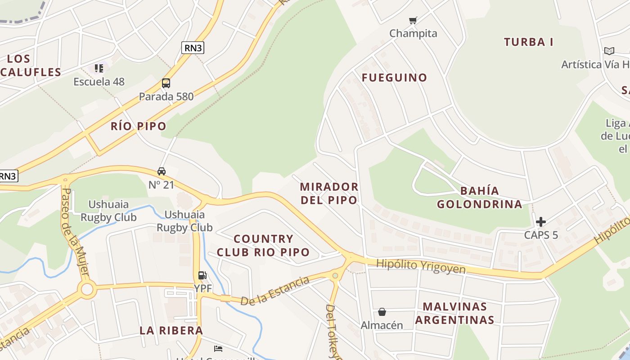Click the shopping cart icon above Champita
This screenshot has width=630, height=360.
pyautogui.click(x=413, y=20)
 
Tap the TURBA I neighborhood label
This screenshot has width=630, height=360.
pyautogui.click(x=528, y=42)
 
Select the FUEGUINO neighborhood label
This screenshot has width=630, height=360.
pyautogui.click(x=394, y=77)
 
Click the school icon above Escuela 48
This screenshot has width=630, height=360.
pyautogui.click(x=99, y=68)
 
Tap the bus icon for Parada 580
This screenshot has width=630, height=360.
pyautogui.click(x=166, y=83)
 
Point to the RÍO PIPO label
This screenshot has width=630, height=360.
pyautogui.click(x=139, y=126)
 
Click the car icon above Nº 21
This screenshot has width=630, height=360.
pyautogui.click(x=161, y=171)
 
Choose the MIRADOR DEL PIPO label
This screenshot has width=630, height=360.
pyautogui.click(x=329, y=193)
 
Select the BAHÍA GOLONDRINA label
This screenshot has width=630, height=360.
pyautogui.click(x=480, y=198)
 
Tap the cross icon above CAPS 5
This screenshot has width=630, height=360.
pyautogui.click(x=541, y=221)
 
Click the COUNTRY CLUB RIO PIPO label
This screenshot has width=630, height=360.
pyautogui.click(x=263, y=245)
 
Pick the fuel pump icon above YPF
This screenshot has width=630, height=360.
pyautogui.click(x=202, y=275)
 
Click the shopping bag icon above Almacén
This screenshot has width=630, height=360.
pyautogui.click(x=382, y=311)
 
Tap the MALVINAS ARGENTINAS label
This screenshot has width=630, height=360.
pyautogui.click(x=454, y=313)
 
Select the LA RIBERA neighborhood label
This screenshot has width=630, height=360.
pyautogui.click(x=171, y=330)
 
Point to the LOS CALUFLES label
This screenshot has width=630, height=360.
pyautogui.click(x=31, y=65)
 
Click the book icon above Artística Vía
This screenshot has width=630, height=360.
pyautogui.click(x=609, y=51)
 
